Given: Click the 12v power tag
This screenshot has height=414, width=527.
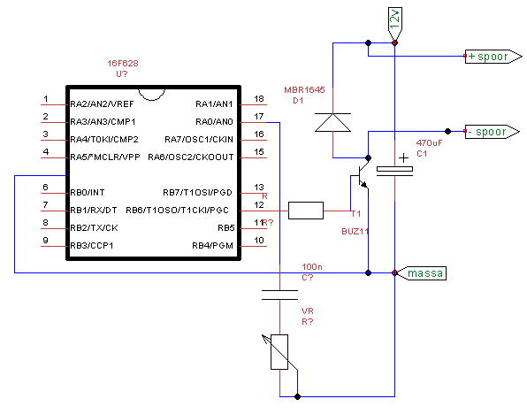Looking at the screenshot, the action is coord(395,23).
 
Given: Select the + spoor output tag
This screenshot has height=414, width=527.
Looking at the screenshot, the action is coord(493,57).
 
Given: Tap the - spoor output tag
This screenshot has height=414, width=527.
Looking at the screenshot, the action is coord(492,132).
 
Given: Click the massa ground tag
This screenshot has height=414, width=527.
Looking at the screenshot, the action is coord(422,273).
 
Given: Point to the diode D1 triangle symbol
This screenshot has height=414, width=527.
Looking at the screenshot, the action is coord(332,122).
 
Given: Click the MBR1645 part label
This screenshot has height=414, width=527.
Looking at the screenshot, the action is coord(304,90).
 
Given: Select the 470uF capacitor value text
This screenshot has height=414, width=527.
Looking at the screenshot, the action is coord(429,143).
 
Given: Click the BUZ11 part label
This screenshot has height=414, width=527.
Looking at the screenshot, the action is coord(355,232).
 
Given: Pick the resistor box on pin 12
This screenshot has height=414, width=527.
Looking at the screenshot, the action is coord(306,211).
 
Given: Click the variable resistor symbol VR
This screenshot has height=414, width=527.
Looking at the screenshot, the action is coord(279,352).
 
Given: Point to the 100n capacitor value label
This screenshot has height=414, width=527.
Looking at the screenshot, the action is coord(312,266).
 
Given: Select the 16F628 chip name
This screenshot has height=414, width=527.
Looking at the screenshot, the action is coord(123,63).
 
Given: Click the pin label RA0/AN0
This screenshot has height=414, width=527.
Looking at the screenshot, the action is coord(214,122).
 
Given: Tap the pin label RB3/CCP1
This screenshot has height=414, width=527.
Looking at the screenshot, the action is coord(92,246).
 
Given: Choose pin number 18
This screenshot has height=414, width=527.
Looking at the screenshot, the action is coord(259,99).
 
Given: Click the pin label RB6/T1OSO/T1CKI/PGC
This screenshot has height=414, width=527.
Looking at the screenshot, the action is coord(177,211).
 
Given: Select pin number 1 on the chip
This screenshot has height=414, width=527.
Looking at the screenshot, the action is coord(46,99).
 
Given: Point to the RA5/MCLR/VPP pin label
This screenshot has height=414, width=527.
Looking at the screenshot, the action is coord(105,157).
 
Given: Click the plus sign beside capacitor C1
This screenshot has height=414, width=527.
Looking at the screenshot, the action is coord(403,157).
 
